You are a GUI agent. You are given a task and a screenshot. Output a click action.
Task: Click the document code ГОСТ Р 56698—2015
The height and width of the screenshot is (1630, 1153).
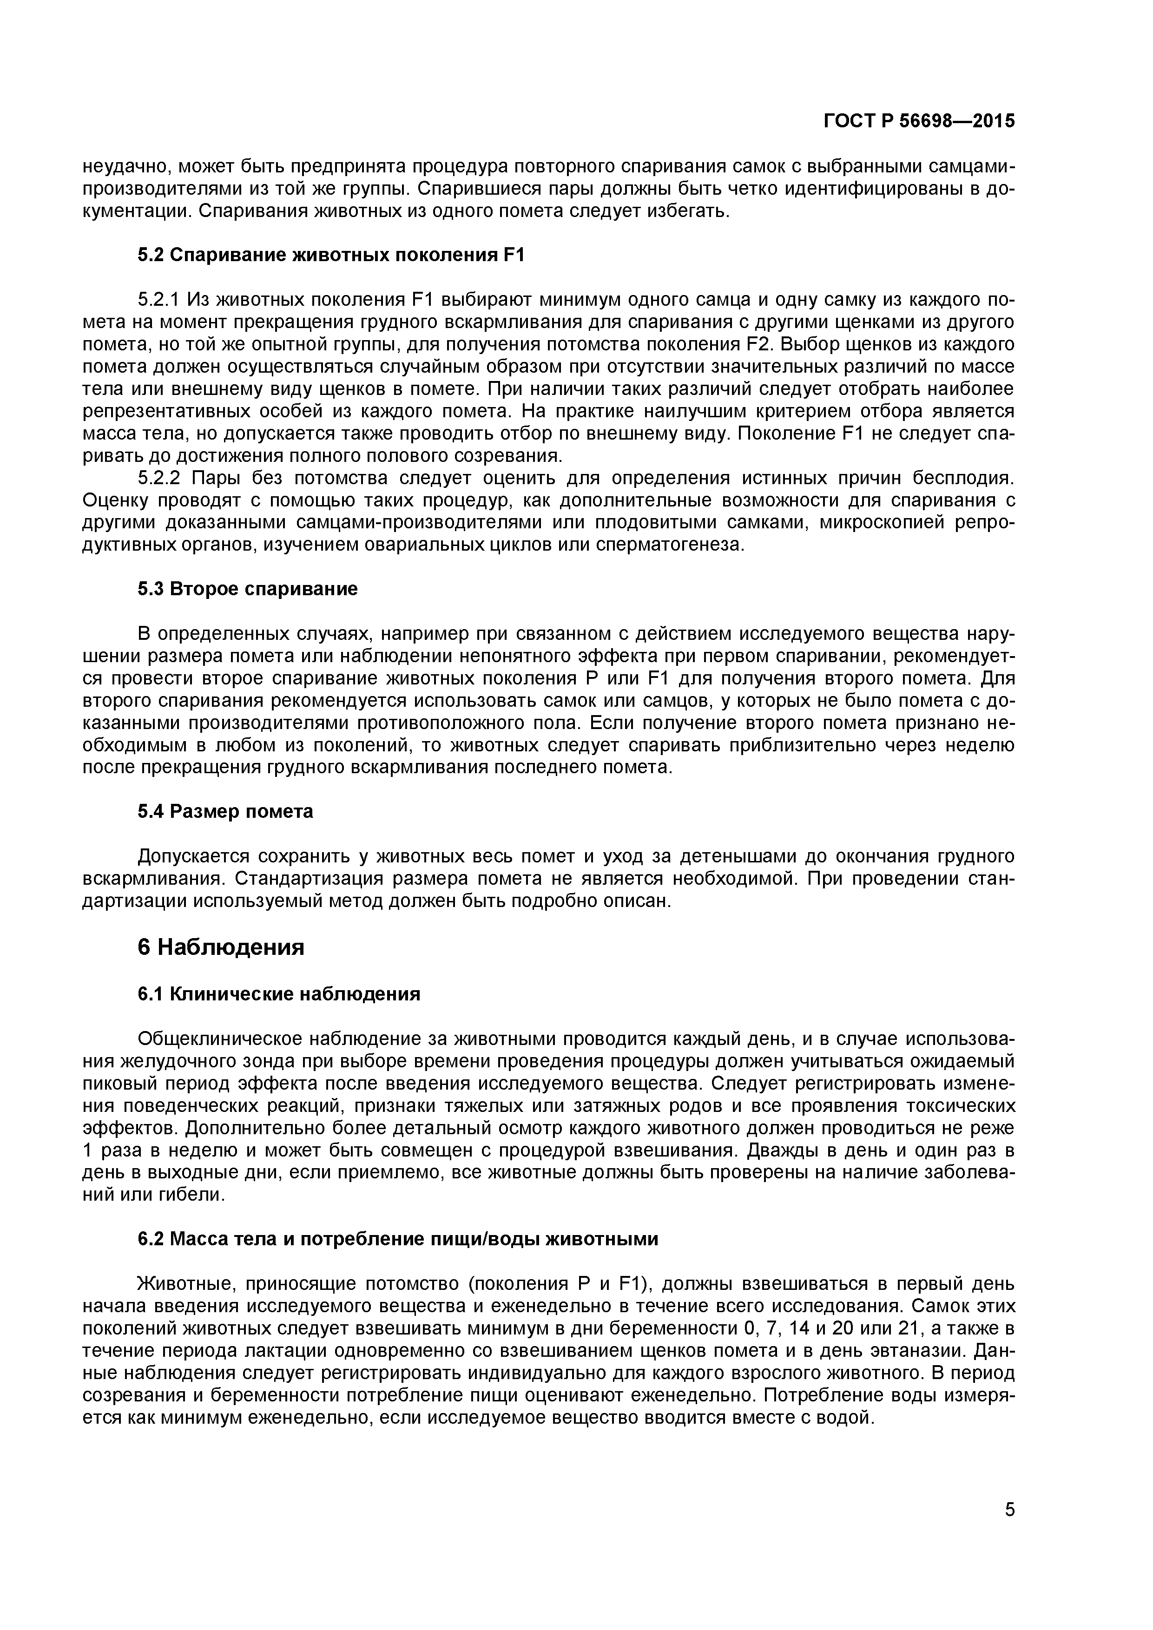(x=919, y=121)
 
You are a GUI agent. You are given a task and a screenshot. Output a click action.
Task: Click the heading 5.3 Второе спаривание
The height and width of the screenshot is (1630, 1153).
(x=247, y=589)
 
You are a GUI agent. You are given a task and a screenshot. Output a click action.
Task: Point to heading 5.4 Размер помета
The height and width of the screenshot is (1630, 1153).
(x=225, y=811)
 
